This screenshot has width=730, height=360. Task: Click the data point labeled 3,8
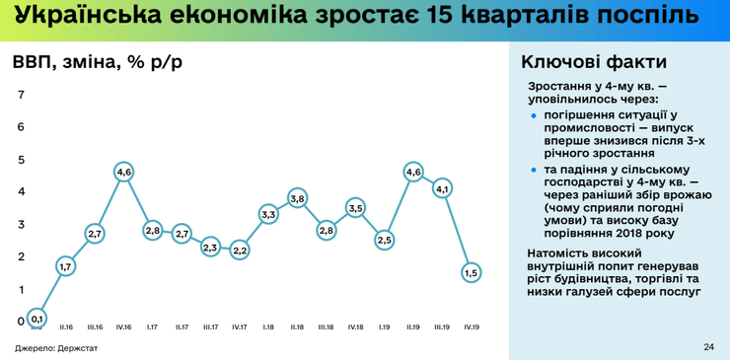(x=298, y=198)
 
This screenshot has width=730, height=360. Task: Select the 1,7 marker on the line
(x=66, y=266)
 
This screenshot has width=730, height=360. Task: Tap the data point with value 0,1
(x=36, y=319)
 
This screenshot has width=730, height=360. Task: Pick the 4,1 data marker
(x=442, y=188)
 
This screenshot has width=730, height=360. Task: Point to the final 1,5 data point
(x=472, y=273)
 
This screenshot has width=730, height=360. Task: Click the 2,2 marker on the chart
(x=240, y=251)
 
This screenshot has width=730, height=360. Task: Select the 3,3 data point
(x=268, y=214)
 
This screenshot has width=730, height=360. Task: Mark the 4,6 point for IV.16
(x=124, y=172)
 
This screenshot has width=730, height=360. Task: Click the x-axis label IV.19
(x=472, y=326)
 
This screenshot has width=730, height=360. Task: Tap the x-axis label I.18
(x=268, y=326)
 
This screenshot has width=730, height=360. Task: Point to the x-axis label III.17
(x=210, y=326)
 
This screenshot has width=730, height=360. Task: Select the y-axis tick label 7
(x=22, y=95)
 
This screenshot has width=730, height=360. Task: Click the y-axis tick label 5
(x=22, y=159)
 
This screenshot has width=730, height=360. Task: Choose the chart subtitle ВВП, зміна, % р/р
(x=97, y=62)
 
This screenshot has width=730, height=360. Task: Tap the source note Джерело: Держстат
(x=49, y=348)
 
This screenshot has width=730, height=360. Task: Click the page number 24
(x=708, y=347)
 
